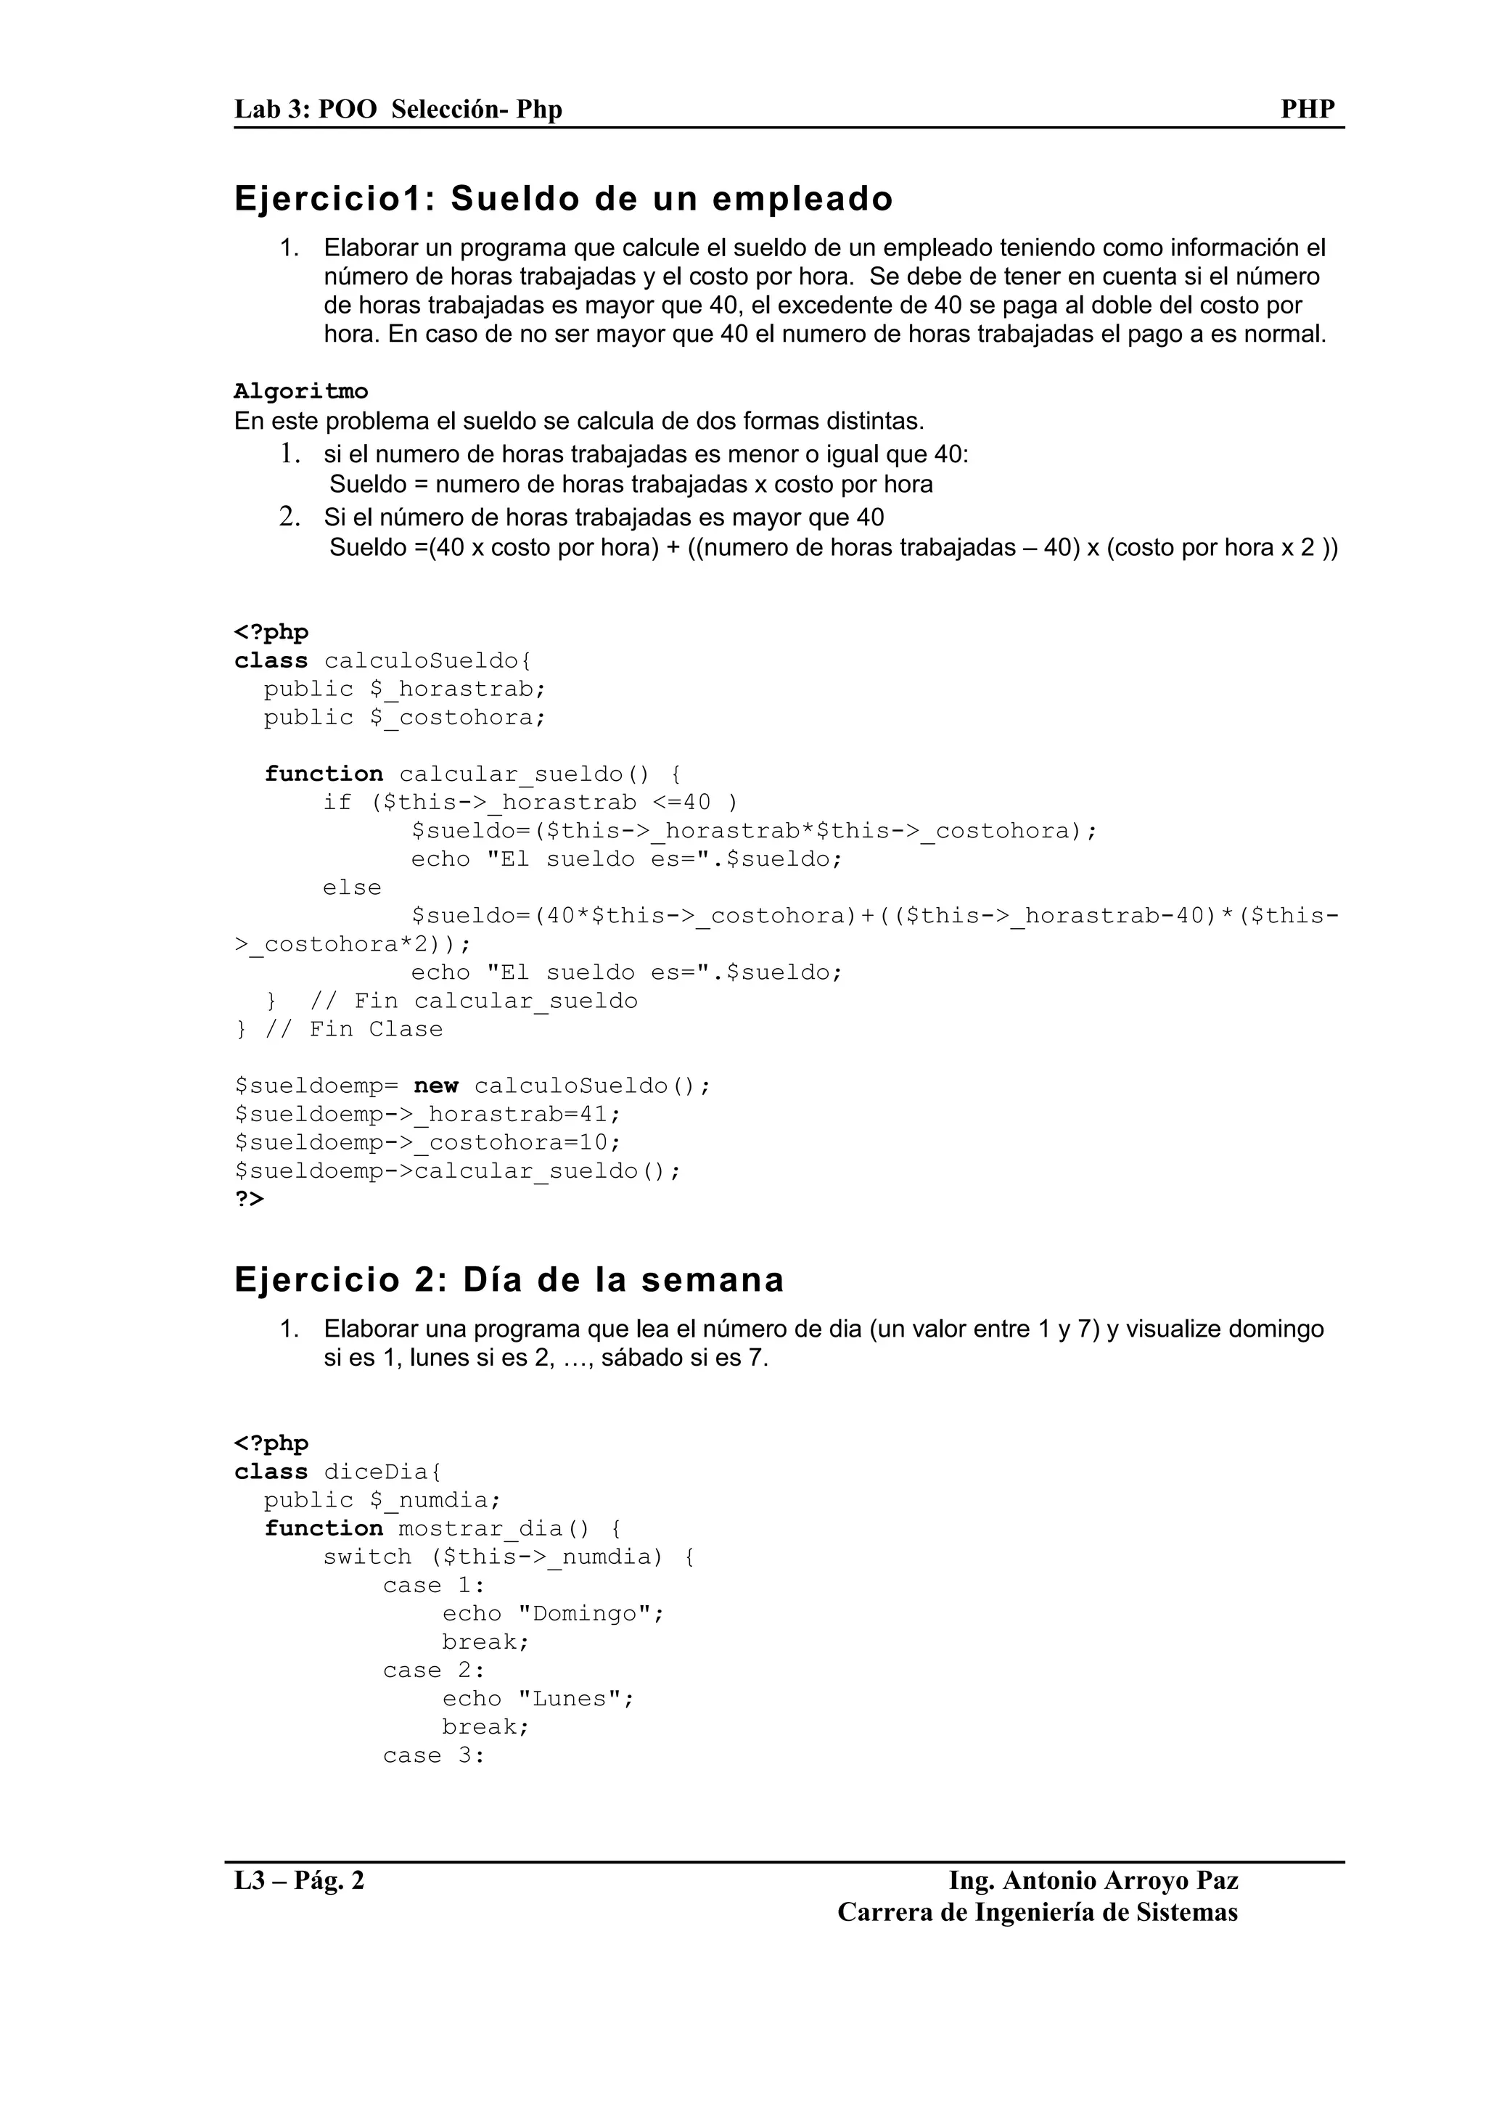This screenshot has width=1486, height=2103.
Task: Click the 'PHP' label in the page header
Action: pyautogui.click(x=1307, y=109)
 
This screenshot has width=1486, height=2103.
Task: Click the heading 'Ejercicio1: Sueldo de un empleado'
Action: pyautogui.click(x=563, y=199)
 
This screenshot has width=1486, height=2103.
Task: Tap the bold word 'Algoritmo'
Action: pyautogui.click(x=300, y=392)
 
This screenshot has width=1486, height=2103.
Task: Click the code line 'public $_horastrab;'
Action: pyautogui.click(x=405, y=689)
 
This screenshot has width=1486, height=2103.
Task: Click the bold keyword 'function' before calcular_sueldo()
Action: pyautogui.click(x=323, y=774)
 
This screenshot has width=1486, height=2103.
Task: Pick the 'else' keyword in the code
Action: pyautogui.click(x=352, y=887)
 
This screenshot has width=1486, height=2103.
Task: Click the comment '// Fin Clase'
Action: pyautogui.click(x=353, y=1030)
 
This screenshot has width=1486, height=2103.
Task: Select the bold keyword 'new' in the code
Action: pyautogui.click(x=436, y=1086)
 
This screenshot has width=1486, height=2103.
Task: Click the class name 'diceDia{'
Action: pyautogui.click(x=382, y=1472)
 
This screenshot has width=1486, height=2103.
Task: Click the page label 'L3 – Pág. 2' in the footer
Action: pyautogui.click(x=300, y=1882)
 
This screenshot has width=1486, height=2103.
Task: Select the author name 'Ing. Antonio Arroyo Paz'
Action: pyautogui.click(x=1093, y=1882)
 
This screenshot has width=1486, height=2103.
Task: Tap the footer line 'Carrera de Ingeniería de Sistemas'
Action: pyautogui.click(x=1038, y=1912)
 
